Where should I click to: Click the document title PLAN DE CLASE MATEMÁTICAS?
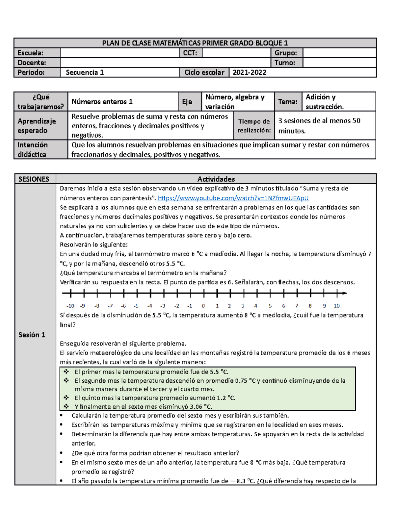coord(195,43)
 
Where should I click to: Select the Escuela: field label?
coord(30,53)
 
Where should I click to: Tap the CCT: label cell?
coord(190,53)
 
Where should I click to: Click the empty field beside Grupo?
coord(339,53)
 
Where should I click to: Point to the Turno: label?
coord(285,63)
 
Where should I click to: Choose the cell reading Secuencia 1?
coord(85,72)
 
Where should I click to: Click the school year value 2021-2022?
coord(250,72)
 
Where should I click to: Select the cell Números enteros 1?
coord(102,102)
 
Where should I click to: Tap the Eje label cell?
coord(187,102)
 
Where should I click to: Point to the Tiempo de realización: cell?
coord(254,126)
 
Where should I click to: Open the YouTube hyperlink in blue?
coord(233,198)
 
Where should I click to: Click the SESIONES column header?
coord(34,179)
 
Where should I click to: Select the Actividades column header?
coord(216,179)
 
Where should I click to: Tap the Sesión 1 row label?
coord(32,335)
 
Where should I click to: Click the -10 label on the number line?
coord(70,306)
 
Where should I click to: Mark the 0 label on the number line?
coord(203,306)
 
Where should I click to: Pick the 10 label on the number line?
coord(336,306)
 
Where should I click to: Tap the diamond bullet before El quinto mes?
coord(66,397)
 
